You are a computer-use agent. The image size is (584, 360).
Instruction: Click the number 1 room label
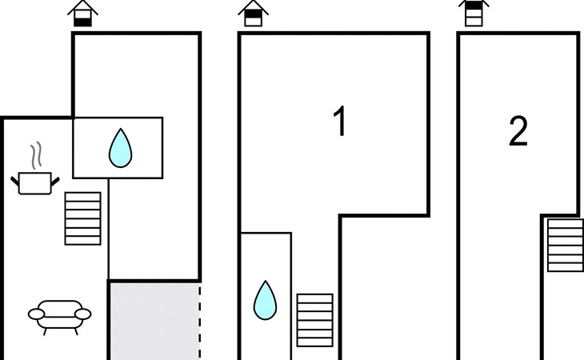tap(340, 123)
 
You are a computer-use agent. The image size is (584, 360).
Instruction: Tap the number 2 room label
tap(518, 132)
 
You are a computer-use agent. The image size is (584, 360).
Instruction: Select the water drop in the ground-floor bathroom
tap(120, 148)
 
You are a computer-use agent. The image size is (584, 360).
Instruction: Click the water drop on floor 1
tap(264, 299)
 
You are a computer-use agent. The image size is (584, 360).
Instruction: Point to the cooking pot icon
tap(35, 182)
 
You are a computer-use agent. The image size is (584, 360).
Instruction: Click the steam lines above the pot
tap(34, 154)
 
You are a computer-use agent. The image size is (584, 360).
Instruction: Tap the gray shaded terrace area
tap(153, 320)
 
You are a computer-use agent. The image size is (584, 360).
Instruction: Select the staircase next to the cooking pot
tap(82, 218)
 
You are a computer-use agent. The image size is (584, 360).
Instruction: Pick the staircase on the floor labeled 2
tap(565, 245)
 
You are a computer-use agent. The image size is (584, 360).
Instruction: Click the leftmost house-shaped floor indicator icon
tap(82, 14)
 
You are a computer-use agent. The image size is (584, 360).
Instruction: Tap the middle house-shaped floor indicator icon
tap(253, 14)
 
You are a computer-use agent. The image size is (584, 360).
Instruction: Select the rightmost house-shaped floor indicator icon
tap(474, 14)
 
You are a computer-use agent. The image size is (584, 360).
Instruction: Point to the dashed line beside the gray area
tap(199, 320)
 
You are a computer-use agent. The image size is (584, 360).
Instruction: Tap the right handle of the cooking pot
tap(54, 182)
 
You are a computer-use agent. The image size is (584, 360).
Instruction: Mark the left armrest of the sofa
tap(34, 314)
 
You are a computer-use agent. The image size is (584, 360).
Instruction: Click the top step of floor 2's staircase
tap(565, 223)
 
